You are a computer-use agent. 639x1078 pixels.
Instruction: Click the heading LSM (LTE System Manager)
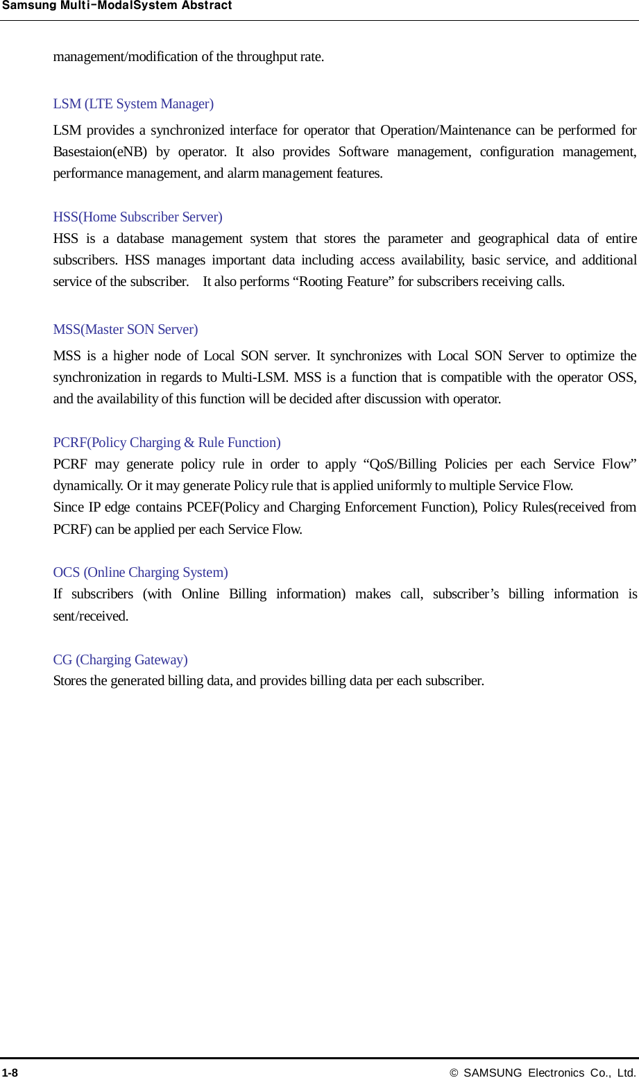pyautogui.click(x=133, y=104)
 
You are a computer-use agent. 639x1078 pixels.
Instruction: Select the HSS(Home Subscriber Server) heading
pyautogui.click(x=137, y=217)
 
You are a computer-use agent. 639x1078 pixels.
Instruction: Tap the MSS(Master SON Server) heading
pyautogui.click(x=125, y=330)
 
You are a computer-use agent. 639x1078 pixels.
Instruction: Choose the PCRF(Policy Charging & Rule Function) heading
pyautogui.click(x=167, y=443)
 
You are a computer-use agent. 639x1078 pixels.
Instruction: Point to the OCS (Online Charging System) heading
pyautogui.click(x=140, y=573)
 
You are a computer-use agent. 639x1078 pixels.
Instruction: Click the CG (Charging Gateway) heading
pyautogui.click(x=120, y=660)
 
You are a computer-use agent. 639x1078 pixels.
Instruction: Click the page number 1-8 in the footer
pyautogui.click(x=10, y=1072)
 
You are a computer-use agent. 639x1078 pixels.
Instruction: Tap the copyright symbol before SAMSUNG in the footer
pyautogui.click(x=454, y=1072)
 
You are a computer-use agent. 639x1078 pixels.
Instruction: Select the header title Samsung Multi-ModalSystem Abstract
pyautogui.click(x=117, y=6)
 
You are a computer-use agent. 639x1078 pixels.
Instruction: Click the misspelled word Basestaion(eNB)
pyautogui.click(x=100, y=152)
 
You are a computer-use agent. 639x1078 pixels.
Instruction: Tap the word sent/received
pyautogui.click(x=90, y=616)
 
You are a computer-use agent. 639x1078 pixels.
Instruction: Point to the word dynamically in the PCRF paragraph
pyautogui.click(x=87, y=486)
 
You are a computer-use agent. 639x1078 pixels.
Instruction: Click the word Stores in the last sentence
pyautogui.click(x=70, y=681)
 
